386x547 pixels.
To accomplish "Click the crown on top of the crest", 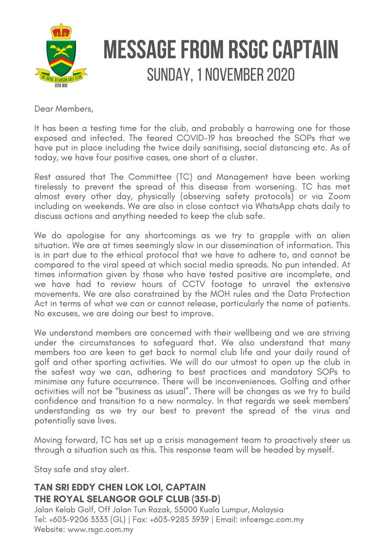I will (x=61, y=31).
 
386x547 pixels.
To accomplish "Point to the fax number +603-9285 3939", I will (x=191, y=520).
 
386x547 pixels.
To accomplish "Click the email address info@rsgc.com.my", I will (x=273, y=520).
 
